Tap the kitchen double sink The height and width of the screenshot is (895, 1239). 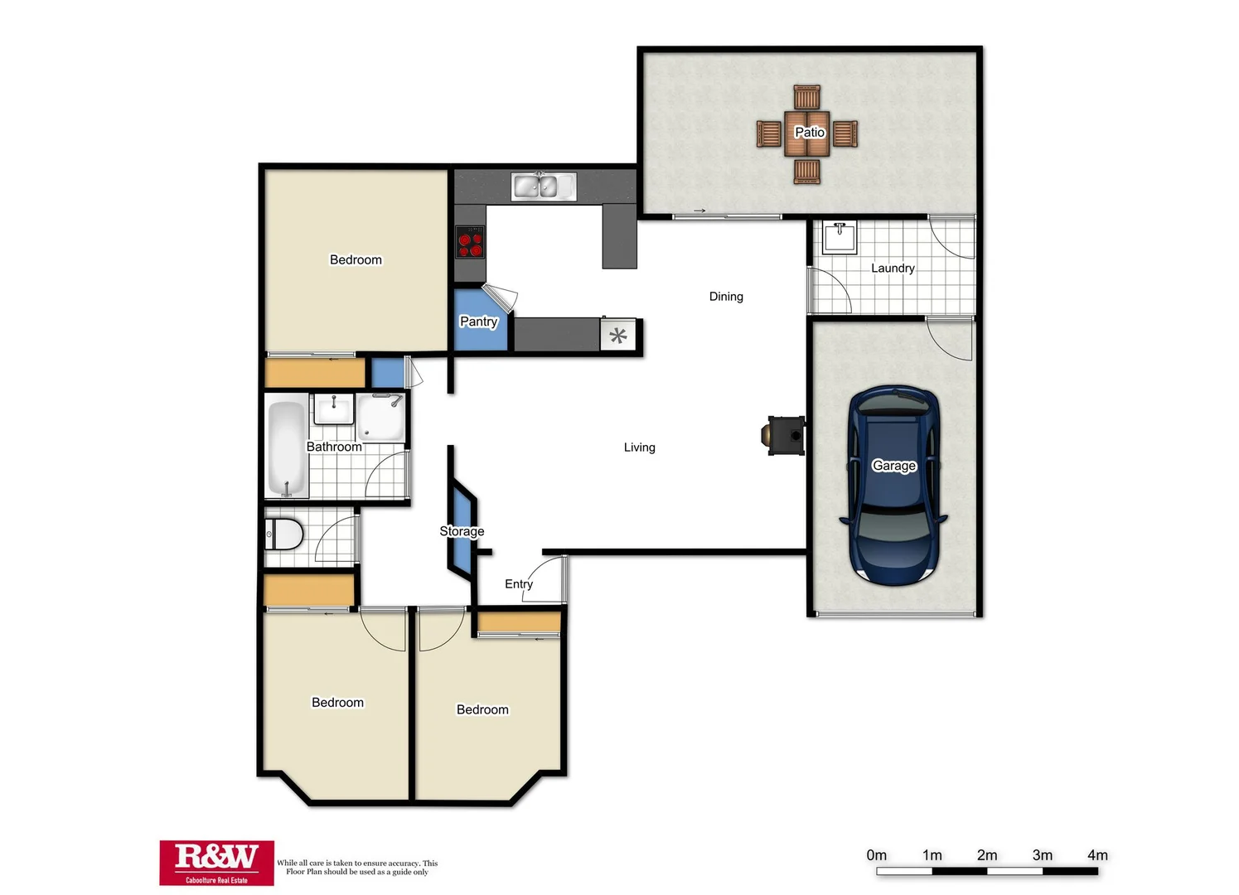tap(543, 186)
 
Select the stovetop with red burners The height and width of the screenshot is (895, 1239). tap(470, 242)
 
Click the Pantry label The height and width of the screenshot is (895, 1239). tap(478, 322)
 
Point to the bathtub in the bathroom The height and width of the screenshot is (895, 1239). tap(287, 447)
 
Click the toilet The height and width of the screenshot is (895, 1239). tap(283, 535)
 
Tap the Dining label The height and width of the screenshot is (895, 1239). tap(726, 297)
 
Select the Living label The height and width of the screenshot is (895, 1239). tap(639, 447)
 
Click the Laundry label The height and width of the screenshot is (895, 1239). tap(893, 268)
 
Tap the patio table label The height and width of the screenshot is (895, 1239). tap(809, 133)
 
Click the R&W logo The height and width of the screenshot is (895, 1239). tap(216, 863)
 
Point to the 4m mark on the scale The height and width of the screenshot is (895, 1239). tap(1097, 855)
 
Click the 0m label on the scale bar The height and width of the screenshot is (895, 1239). tap(876, 855)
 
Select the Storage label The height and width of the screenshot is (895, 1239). tap(462, 531)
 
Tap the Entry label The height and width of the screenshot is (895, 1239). tap(519, 584)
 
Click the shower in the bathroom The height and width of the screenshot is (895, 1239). tap(381, 418)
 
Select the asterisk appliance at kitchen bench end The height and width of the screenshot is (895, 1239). tap(618, 336)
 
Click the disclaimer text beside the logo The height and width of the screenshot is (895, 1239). tap(357, 867)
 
